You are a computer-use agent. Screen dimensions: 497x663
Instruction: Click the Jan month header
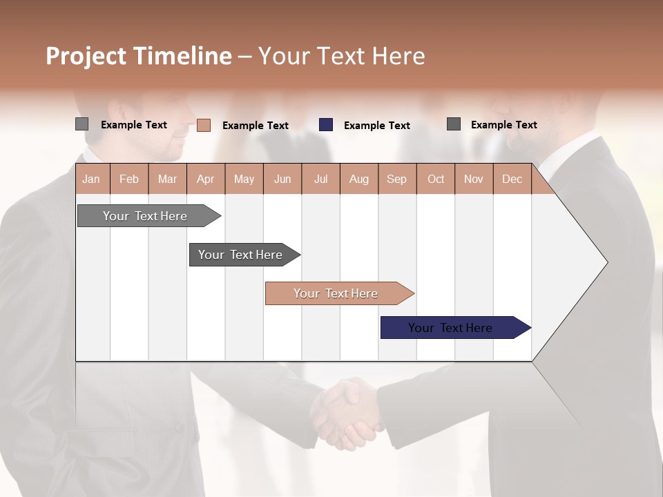pyautogui.click(x=91, y=179)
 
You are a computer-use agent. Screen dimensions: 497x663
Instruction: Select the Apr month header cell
pyautogui.click(x=205, y=179)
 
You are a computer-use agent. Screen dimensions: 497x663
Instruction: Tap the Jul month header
pyautogui.click(x=320, y=179)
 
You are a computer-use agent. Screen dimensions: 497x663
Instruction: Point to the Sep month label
pyautogui.click(x=396, y=179)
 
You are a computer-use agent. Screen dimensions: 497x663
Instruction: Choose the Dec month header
pyautogui.click(x=512, y=179)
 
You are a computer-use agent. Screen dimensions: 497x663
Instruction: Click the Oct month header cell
pyautogui.click(x=436, y=179)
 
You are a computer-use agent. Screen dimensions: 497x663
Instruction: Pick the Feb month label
pyautogui.click(x=129, y=179)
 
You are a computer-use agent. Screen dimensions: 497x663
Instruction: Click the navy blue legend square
pyautogui.click(x=326, y=125)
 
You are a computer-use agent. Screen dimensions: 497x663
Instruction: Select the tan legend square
pyautogui.click(x=204, y=125)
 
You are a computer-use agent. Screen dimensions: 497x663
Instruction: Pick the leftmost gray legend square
pyautogui.click(x=81, y=124)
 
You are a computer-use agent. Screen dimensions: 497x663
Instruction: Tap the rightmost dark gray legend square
pyautogui.click(x=454, y=124)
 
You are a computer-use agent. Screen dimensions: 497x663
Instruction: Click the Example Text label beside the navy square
pyautogui.click(x=376, y=126)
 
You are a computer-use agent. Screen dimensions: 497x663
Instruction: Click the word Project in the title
pyautogui.click(x=87, y=57)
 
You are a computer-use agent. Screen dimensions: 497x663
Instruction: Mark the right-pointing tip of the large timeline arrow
pyautogui.click(x=606, y=262)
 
